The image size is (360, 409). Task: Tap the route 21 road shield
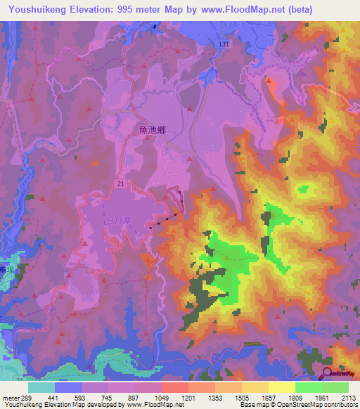[x=122, y=183]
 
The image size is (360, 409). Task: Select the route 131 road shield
[x=223, y=44]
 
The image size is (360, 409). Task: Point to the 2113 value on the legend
[x=348, y=397]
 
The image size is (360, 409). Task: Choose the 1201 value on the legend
[x=188, y=397]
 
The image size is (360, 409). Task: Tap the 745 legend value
[x=108, y=397]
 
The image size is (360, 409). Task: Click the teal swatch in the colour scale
[x=41, y=387]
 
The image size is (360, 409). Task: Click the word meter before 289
[x=9, y=397]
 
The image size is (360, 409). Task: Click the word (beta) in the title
[x=296, y=10]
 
